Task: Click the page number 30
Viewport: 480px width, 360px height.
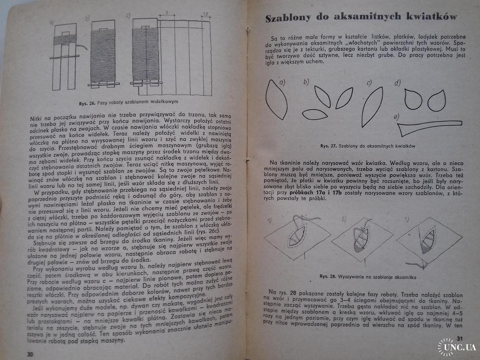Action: [30, 354]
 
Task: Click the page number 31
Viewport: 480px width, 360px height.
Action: [460, 339]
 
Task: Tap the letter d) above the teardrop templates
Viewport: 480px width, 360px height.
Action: [397, 83]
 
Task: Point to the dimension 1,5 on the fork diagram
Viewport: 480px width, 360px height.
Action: [205, 14]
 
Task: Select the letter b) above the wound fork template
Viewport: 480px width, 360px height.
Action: [87, 18]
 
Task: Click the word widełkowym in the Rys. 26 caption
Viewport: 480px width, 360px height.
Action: [162, 102]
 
